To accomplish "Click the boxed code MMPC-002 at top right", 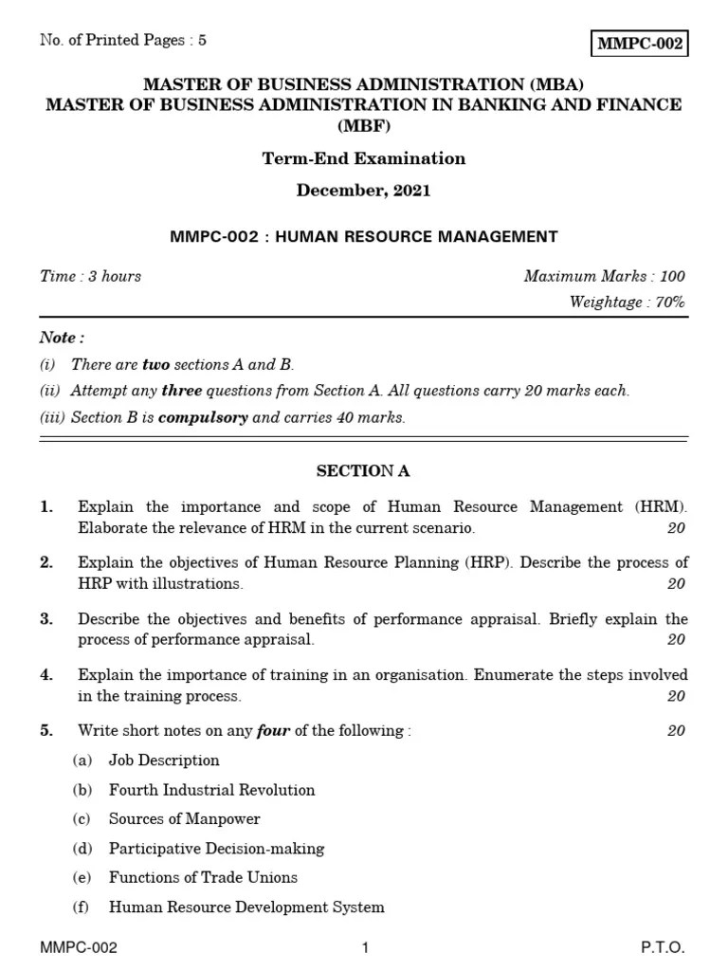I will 639,45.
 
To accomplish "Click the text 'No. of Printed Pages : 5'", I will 123,41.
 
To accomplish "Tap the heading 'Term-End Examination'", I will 364,158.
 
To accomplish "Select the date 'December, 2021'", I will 364,191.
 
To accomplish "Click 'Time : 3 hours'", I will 90,276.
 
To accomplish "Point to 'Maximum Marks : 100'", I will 604,276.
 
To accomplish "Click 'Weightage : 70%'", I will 627,302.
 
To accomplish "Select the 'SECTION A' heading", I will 363,471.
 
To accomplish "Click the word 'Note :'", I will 62,338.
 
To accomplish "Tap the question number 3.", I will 46,619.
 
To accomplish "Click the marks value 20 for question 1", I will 675,528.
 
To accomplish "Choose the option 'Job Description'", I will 164,760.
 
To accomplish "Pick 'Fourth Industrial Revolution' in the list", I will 211,790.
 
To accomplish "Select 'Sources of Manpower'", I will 184,819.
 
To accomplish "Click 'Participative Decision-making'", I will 216,849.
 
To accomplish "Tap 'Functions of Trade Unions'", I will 203,878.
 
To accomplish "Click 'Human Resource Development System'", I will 246,907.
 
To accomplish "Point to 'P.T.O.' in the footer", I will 663,948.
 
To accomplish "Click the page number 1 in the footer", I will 364,948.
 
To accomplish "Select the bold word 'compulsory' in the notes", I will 203,418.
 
